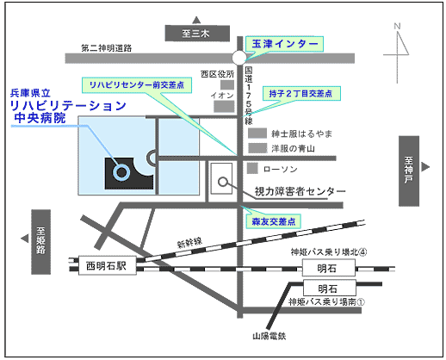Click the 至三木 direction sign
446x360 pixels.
click(197, 34)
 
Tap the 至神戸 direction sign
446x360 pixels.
click(409, 171)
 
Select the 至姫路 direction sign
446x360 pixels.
click(41, 242)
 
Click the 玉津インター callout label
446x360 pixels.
click(284, 44)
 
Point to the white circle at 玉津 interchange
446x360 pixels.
click(239, 58)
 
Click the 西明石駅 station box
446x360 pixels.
click(108, 266)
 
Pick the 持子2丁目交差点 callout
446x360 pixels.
click(301, 93)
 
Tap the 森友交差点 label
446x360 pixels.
click(273, 221)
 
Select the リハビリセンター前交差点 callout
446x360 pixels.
click(137, 85)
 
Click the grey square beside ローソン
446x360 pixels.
click(252, 169)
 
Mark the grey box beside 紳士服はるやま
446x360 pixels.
click(257, 133)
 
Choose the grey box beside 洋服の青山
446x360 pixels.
click(257, 148)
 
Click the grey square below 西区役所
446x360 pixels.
click(227, 84)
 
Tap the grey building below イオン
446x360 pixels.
click(224, 106)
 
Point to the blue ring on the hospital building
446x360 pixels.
click(121, 172)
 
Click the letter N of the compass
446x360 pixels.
click(397, 27)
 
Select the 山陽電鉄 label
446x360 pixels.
click(269, 336)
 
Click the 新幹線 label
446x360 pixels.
click(189, 243)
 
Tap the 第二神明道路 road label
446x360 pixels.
click(107, 48)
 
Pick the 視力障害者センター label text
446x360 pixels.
click(300, 191)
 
